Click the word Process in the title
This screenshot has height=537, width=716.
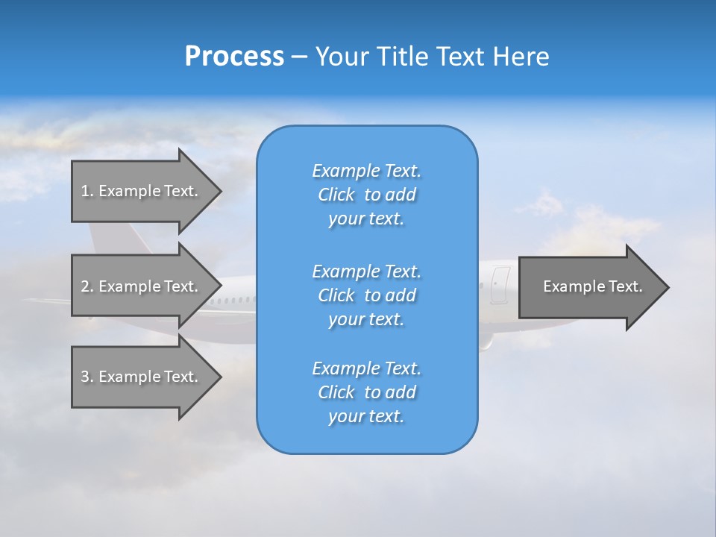point(234,57)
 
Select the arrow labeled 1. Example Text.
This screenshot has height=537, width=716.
point(139,191)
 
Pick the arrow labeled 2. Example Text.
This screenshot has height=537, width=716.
point(139,286)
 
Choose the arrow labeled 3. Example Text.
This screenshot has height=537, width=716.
point(139,377)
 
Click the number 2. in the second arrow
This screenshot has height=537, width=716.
point(87,286)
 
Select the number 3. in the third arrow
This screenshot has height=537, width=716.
point(87,377)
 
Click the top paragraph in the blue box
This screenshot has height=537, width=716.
point(366,195)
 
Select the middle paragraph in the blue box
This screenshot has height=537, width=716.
point(366,295)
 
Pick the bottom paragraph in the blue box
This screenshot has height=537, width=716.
point(366,392)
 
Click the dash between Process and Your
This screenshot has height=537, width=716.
point(299,57)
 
